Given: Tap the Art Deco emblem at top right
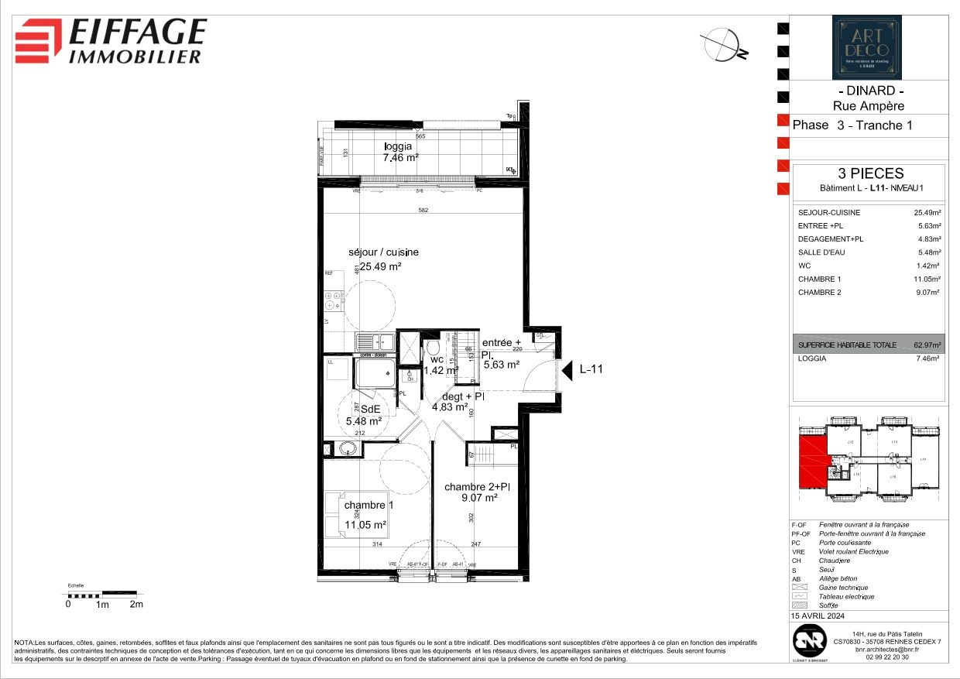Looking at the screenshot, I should (x=866, y=48).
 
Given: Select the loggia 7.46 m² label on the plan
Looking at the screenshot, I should (x=400, y=152).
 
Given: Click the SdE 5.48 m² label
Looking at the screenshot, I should (x=364, y=415).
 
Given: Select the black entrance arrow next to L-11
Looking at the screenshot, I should (x=567, y=369).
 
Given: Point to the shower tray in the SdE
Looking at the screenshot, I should (x=375, y=376).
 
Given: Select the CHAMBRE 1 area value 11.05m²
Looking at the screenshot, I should (x=926, y=279).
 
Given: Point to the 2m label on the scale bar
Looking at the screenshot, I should (x=136, y=605).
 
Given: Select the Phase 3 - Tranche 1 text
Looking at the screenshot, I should (x=848, y=125).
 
